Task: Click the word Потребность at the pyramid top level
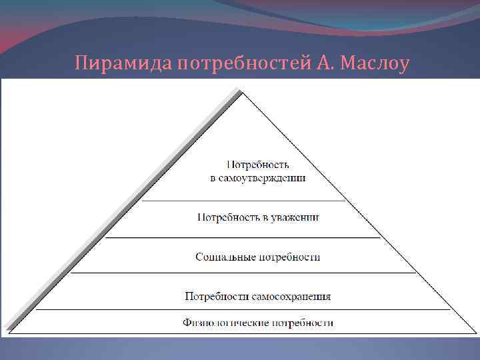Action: pyautogui.click(x=258, y=165)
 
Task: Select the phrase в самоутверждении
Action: pyautogui.click(x=258, y=178)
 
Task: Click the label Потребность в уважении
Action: pyautogui.click(x=258, y=217)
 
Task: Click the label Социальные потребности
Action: pyautogui.click(x=258, y=257)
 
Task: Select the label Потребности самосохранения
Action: pyautogui.click(x=258, y=296)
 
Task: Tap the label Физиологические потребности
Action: pyautogui.click(x=258, y=323)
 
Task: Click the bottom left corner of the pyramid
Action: pyautogui.click(x=4, y=334)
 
